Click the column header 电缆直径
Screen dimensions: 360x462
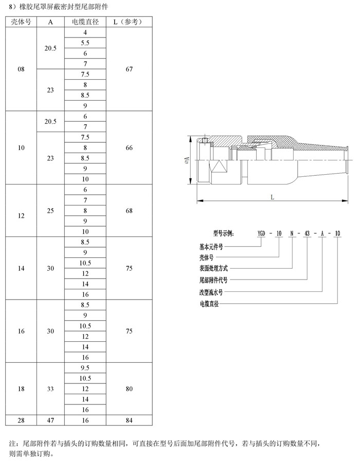pyautogui.click(x=85, y=22)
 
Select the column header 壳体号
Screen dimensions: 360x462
pyautogui.click(x=21, y=22)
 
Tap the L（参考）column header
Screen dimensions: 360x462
pyautogui.click(x=129, y=22)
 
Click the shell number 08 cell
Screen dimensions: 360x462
pyautogui.click(x=21, y=69)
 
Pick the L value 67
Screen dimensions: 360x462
pyautogui.click(x=129, y=69)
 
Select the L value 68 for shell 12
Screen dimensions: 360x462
pyautogui.click(x=129, y=211)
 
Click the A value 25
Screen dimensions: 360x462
pyautogui.click(x=50, y=211)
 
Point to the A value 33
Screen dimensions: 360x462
pyautogui.click(x=50, y=389)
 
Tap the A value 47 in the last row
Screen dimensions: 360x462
pyautogui.click(x=50, y=420)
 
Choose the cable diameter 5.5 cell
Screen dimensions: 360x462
pyautogui.click(x=85, y=43)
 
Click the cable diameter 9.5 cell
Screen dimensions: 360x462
pyautogui.click(x=85, y=368)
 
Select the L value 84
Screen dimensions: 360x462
pyautogui.click(x=129, y=420)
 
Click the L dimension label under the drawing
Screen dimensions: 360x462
pyautogui.click(x=272, y=197)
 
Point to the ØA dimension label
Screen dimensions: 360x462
pyautogui.click(x=187, y=160)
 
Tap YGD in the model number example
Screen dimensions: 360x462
pyautogui.click(x=262, y=234)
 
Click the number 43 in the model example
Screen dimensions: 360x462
pyautogui.click(x=307, y=234)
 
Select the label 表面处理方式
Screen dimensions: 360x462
pyautogui.click(x=213, y=268)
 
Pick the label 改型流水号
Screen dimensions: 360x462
pyautogui.click(x=211, y=292)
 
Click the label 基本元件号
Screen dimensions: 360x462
pyautogui.click(x=211, y=247)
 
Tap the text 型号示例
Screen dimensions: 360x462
pyautogui.click(x=224, y=234)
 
